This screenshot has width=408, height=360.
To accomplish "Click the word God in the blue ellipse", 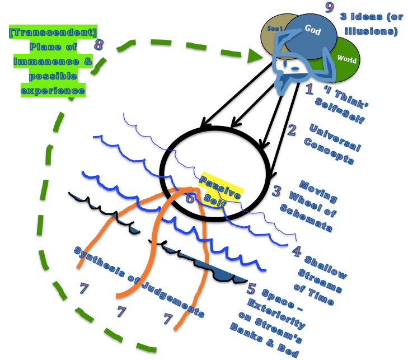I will tap(313, 30).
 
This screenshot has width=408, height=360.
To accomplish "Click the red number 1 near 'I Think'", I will tap(308, 88).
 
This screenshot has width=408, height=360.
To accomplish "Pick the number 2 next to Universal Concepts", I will tap(291, 130).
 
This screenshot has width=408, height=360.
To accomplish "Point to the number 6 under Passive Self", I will tap(191, 198).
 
